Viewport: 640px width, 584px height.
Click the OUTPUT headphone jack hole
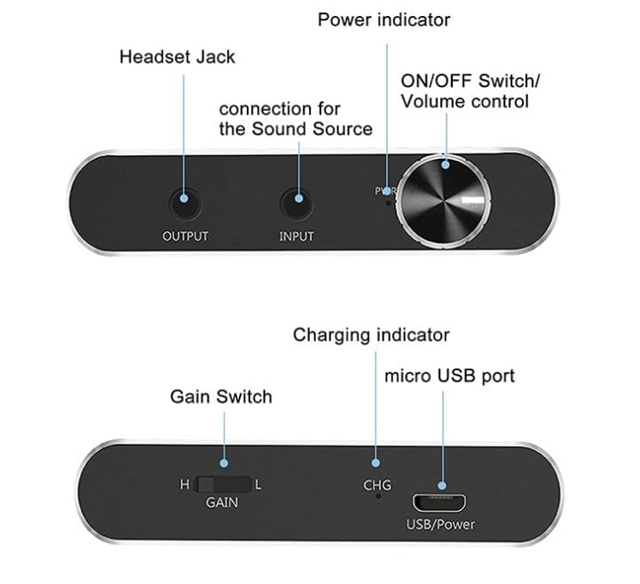point(185,204)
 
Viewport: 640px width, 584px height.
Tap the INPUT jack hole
point(296,204)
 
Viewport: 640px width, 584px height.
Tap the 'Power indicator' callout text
point(384,19)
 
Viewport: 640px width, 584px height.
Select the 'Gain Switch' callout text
point(221,396)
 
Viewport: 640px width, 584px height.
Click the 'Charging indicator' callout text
point(371,335)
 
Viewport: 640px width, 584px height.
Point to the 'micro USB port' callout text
point(449,375)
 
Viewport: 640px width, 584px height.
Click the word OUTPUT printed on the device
point(186,236)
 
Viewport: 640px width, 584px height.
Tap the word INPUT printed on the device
point(296,236)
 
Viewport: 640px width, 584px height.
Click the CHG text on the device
point(377,485)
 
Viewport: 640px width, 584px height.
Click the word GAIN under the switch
point(222,501)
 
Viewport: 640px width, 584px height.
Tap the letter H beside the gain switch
point(185,485)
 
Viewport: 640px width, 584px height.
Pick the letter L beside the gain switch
point(257,485)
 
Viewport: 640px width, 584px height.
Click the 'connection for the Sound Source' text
point(295,119)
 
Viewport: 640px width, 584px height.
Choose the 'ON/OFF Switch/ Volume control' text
point(470,91)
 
